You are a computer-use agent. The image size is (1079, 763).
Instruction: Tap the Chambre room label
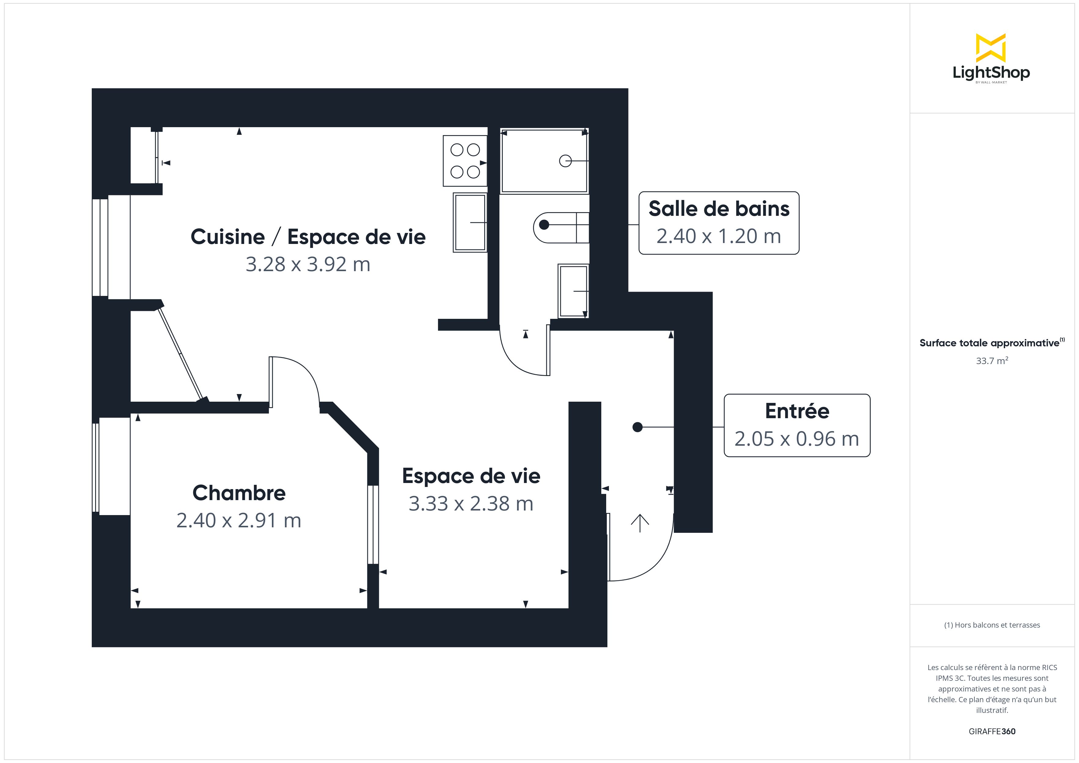point(239,493)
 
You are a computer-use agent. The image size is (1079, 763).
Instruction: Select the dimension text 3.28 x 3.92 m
point(308,264)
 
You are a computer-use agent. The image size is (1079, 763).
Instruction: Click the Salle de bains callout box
point(718,223)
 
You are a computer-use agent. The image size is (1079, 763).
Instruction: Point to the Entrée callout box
point(797,425)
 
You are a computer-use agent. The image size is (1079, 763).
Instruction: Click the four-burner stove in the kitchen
point(465,161)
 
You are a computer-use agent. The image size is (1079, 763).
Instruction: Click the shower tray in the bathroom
point(544,161)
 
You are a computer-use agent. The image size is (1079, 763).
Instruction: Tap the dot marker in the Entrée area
point(637,427)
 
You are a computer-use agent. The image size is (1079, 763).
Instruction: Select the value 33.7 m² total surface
point(992,361)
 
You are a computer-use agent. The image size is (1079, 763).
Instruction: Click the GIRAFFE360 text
point(992,731)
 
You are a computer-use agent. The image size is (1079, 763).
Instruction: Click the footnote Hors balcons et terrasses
point(992,625)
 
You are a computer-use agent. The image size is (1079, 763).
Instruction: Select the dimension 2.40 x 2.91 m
point(239,520)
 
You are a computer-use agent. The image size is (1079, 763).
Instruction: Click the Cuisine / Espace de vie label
point(308,237)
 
